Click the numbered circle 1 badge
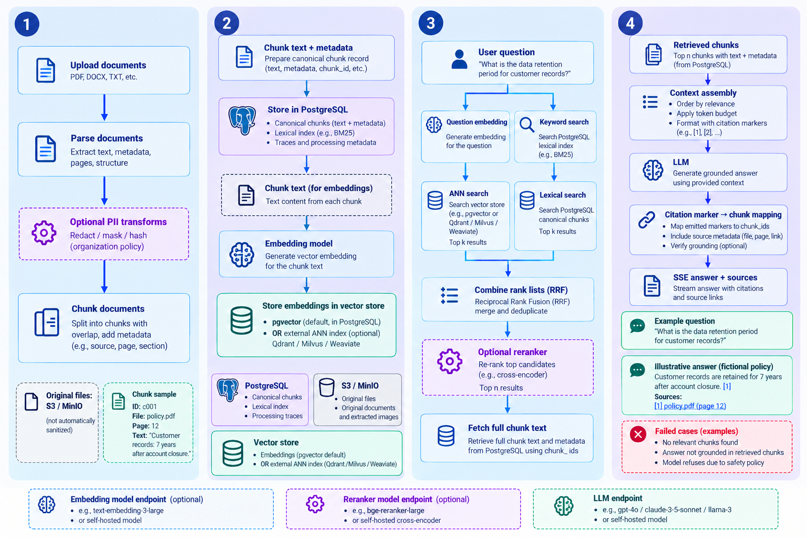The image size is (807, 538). [x=27, y=24]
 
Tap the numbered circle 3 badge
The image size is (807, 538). [x=430, y=23]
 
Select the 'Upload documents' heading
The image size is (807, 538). [x=108, y=65]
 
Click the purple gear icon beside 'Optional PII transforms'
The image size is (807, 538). [x=44, y=233]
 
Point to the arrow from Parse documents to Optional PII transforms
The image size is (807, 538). [x=105, y=191]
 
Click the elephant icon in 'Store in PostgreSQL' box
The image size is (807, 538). [x=242, y=120]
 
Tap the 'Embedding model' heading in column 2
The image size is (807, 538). [x=298, y=244]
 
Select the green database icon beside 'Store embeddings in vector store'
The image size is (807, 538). [x=241, y=320]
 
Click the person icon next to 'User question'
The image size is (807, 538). [x=459, y=59]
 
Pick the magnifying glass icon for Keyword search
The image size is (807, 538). [x=527, y=125]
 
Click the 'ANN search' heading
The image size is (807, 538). [x=468, y=193]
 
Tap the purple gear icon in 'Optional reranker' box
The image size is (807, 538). [x=449, y=361]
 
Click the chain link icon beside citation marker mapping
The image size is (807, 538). [x=647, y=220]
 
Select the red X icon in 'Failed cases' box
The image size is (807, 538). [x=638, y=434]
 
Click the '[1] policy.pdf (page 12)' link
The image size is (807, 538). [x=690, y=406]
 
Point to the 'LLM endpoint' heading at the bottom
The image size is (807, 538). [x=617, y=499]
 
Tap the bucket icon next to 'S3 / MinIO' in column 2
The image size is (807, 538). [x=326, y=387]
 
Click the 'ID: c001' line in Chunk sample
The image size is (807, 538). [x=144, y=407]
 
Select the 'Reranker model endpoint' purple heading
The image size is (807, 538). [x=387, y=500]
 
